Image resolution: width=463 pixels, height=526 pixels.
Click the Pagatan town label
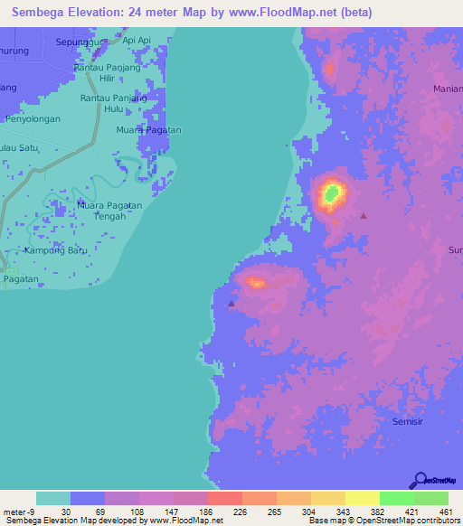tap(20, 279)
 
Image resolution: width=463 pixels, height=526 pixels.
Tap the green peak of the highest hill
tap(332, 193)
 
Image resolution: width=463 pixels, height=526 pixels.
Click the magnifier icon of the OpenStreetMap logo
tap(419, 480)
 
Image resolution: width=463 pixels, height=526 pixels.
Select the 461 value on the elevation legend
tap(445, 512)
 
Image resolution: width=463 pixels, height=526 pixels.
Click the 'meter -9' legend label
tap(20, 512)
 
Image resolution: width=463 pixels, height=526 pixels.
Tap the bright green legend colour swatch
tap(396, 498)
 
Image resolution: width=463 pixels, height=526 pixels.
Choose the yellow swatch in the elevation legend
tap(362, 498)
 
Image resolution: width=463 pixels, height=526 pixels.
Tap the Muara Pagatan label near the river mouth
tap(149, 130)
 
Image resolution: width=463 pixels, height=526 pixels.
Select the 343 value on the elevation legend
tap(308, 512)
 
